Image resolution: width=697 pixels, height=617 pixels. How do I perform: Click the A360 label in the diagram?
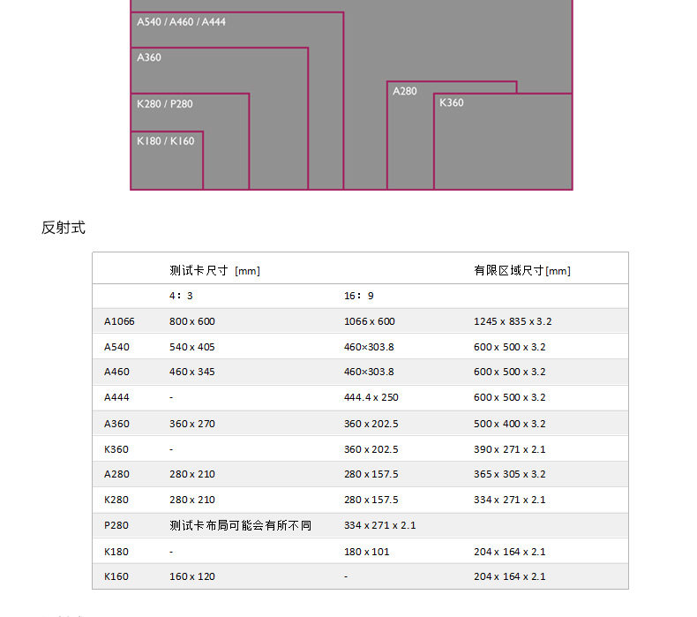click(x=149, y=57)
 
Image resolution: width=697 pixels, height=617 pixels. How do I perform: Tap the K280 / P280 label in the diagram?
click(x=165, y=104)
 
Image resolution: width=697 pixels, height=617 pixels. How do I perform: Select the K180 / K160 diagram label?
click(x=165, y=141)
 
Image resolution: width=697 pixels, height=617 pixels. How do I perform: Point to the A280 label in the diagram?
click(x=404, y=91)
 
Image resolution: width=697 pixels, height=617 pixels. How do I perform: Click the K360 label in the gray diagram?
click(x=452, y=102)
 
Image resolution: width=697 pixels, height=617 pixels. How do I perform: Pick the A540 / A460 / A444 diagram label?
click(x=182, y=22)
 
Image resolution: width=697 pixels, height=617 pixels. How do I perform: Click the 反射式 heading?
click(x=64, y=228)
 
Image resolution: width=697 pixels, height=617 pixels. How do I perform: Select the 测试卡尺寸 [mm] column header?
click(x=214, y=270)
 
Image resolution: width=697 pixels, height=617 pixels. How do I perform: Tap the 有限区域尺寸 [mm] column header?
click(x=522, y=270)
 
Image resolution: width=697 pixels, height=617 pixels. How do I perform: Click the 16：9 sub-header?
click(x=359, y=296)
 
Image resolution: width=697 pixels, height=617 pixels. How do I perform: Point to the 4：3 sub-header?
click(x=181, y=296)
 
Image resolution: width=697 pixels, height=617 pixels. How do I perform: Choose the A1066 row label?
click(x=119, y=321)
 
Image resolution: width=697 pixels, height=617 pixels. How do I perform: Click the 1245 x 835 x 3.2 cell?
click(x=513, y=321)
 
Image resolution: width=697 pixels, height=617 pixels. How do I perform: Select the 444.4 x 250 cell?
click(x=371, y=397)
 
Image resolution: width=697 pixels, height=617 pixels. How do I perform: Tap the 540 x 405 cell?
click(x=192, y=347)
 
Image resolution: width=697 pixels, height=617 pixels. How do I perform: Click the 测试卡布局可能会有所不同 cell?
click(x=241, y=526)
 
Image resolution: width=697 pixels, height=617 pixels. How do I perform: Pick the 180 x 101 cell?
click(x=367, y=552)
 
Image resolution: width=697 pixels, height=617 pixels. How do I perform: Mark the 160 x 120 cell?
click(x=192, y=576)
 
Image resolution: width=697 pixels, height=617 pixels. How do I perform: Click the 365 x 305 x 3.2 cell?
click(x=509, y=474)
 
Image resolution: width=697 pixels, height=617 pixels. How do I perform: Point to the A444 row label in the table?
click(x=116, y=397)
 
